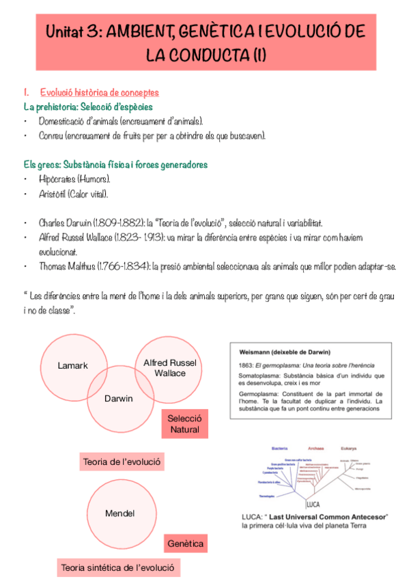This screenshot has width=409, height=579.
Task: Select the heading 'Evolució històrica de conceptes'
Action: pyautogui.click(x=100, y=93)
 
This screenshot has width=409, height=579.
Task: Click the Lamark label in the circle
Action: pyautogui.click(x=73, y=365)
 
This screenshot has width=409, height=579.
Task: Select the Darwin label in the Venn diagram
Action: pyautogui.click(x=119, y=398)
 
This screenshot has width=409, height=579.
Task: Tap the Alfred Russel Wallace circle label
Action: pyautogui.click(x=170, y=368)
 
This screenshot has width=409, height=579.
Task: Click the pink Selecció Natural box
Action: pyautogui.click(x=184, y=424)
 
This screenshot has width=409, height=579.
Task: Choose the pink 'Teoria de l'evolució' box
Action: pyautogui.click(x=122, y=462)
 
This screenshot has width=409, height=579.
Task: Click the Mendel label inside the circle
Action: pyautogui.click(x=119, y=513)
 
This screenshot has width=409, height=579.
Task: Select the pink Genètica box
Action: pyautogui.click(x=185, y=544)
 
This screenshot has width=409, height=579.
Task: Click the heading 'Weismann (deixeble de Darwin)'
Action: pyautogui.click(x=285, y=352)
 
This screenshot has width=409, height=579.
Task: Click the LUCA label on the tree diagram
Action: pyautogui.click(x=313, y=504)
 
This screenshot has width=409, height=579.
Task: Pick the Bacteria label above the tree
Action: pyautogui.click(x=280, y=449)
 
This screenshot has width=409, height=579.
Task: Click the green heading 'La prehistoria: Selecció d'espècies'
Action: pyautogui.click(x=88, y=107)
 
